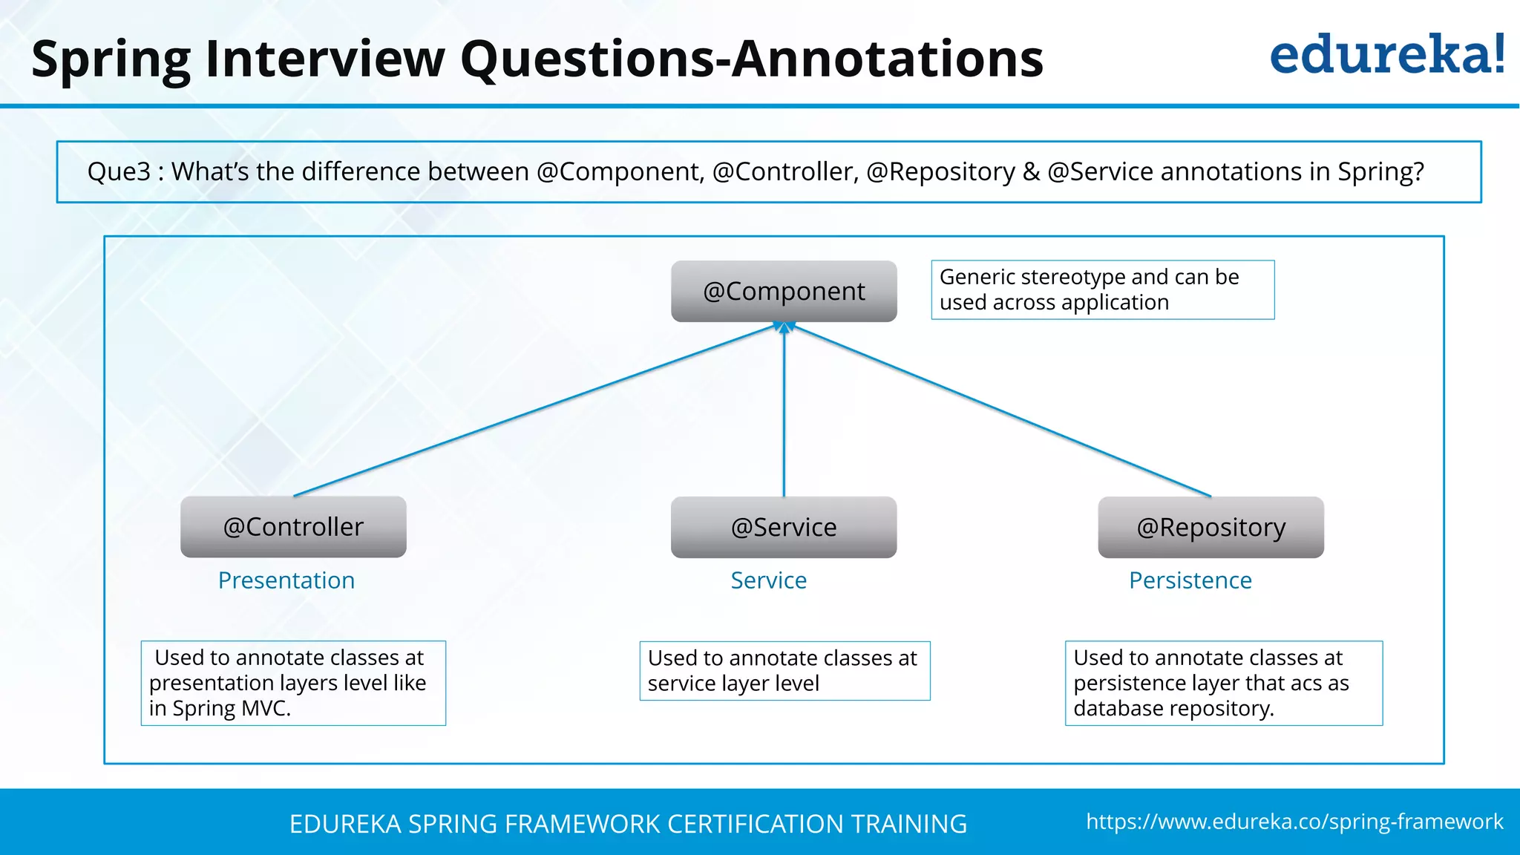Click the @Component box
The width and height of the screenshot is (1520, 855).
pos(784,291)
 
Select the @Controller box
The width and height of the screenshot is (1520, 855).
pos(293,527)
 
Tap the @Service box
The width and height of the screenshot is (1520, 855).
pos(784,527)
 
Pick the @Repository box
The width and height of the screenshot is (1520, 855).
pos(1211,527)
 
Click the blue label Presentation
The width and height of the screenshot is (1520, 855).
pos(286,580)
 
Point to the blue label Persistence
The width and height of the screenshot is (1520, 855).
pos(1190,580)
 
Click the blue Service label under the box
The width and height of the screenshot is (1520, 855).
pos(768,580)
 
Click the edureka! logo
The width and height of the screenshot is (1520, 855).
pos(1386,55)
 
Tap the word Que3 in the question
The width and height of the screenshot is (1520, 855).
pos(119,172)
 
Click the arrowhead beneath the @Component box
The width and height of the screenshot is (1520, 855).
pos(784,327)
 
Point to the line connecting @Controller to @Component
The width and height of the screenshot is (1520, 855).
pos(534,410)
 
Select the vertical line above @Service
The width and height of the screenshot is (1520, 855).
pos(784,416)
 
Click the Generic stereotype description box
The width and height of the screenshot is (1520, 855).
pos(1102,289)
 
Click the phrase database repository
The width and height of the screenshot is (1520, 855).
pos(1173,709)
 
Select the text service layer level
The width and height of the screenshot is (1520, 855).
pos(733,684)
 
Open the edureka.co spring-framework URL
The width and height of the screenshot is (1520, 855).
pos(1294,822)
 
